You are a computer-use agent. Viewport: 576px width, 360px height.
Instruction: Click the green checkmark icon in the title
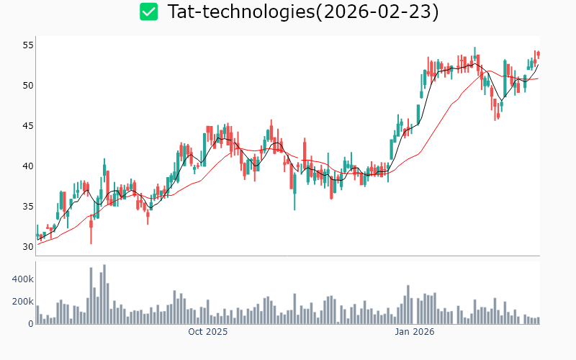(149, 12)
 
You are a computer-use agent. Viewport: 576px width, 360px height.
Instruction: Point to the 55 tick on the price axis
(28, 45)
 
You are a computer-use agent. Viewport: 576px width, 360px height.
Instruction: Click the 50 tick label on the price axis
(28, 85)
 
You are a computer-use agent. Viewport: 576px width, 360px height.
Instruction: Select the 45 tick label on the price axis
(28, 125)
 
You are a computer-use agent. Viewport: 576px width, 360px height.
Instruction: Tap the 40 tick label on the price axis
(28, 166)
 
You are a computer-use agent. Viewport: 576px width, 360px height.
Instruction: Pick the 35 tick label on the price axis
(28, 206)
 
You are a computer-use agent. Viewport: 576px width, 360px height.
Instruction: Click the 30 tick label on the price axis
(28, 246)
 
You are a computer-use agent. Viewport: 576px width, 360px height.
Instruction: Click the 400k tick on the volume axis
(22, 279)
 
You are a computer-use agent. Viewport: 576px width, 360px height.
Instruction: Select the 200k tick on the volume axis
(22, 301)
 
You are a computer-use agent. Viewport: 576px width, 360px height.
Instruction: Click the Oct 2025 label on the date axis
(208, 332)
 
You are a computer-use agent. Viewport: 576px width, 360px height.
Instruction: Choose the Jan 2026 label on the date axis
(415, 332)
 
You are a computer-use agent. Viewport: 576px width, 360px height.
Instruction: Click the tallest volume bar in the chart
(104, 294)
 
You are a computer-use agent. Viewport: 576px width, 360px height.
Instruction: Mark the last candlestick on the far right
(539, 54)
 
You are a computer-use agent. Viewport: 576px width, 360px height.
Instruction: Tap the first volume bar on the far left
(37, 315)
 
